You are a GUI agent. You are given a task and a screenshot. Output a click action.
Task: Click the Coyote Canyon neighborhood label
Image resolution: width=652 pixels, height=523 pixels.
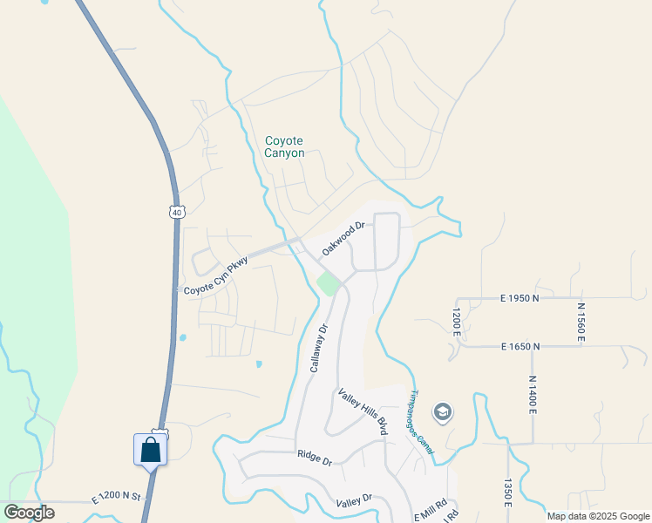coord(285,146)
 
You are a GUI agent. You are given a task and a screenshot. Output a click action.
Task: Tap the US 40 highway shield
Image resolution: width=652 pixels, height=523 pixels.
coord(177,212)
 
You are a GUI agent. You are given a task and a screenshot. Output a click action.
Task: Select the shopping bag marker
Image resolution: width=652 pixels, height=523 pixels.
coord(150,450)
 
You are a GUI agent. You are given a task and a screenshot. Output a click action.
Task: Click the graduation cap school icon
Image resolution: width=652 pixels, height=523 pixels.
coord(443,412)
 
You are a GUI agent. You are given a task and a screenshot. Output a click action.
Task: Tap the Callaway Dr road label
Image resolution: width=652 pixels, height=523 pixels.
coord(318,347)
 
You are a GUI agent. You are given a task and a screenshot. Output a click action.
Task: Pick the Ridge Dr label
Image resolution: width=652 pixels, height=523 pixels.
coord(315,457)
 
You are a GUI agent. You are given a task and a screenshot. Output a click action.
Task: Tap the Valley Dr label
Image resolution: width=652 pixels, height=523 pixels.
coord(354,502)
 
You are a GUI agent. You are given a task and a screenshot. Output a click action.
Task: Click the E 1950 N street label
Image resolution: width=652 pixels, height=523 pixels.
coord(520,298)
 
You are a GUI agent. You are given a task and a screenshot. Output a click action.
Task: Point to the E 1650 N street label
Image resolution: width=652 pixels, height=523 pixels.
coord(520,346)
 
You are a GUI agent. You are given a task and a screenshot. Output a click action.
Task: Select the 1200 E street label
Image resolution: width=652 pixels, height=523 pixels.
coord(455,320)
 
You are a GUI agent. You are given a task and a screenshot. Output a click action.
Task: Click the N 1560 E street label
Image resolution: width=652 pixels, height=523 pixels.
coord(581,322)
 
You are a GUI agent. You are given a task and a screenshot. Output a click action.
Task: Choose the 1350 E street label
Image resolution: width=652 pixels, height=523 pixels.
coord(506,492)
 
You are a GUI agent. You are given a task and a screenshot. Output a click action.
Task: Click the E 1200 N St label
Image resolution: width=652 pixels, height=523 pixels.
coord(117,496)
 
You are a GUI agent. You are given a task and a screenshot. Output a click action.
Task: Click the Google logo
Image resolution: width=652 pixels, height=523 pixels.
coord(29,513)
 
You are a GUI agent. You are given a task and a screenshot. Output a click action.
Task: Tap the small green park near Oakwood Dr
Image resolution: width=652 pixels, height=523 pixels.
coord(327,283)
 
